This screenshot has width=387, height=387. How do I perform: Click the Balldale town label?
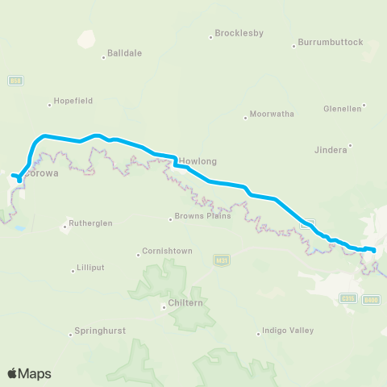pyautogui.click(x=125, y=54)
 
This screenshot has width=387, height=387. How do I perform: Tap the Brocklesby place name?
pyautogui.click(x=239, y=34)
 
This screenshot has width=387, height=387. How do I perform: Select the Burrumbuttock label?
pyautogui.click(x=331, y=42)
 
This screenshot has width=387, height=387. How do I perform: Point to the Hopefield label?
pyautogui.click(x=73, y=101)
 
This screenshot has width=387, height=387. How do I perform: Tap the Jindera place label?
pyautogui.click(x=330, y=149)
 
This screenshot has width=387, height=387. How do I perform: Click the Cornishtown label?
pyautogui.click(x=167, y=251)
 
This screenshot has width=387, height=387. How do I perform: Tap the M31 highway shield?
pyautogui.click(x=222, y=260)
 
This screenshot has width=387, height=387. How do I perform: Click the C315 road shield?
pyautogui.click(x=348, y=298)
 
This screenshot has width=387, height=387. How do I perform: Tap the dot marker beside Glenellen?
pyautogui.click(x=364, y=105)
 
